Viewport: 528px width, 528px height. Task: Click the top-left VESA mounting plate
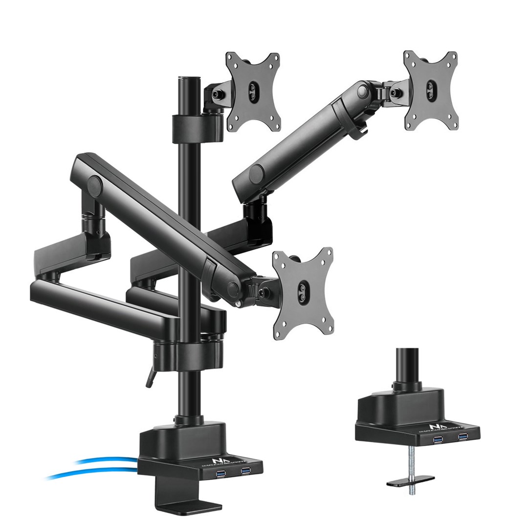pyautogui.click(x=253, y=91)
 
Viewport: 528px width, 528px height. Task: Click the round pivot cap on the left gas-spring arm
pyautogui.click(x=92, y=185)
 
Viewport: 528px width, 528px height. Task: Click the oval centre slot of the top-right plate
pyautogui.click(x=430, y=90)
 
